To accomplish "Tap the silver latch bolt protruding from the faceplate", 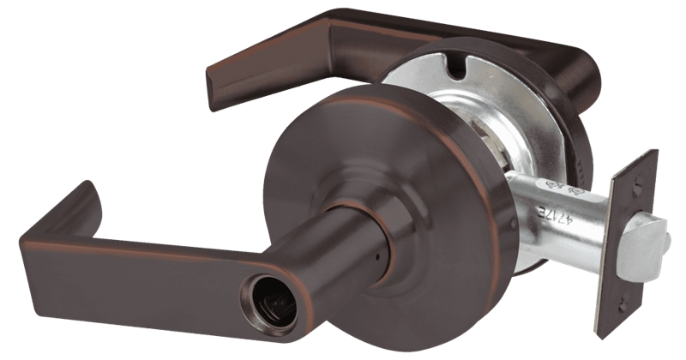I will (653, 243).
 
